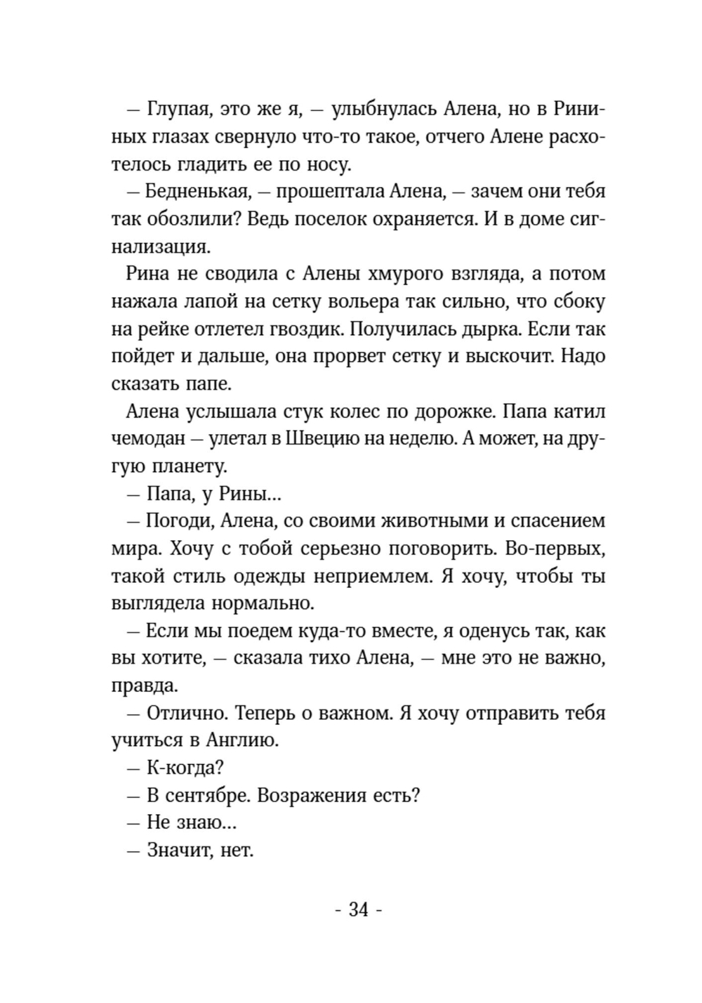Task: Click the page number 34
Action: coord(358,910)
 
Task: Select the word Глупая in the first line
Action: coord(180,110)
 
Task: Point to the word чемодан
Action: coord(147,439)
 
